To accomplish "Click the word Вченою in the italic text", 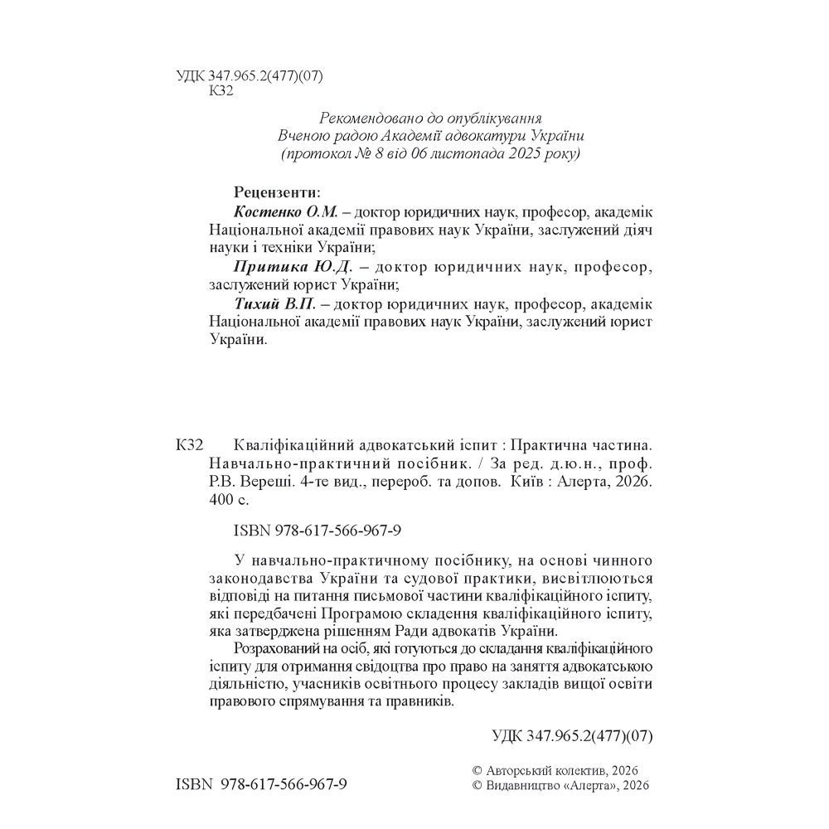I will [306, 136].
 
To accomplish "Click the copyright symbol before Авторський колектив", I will [475, 771].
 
